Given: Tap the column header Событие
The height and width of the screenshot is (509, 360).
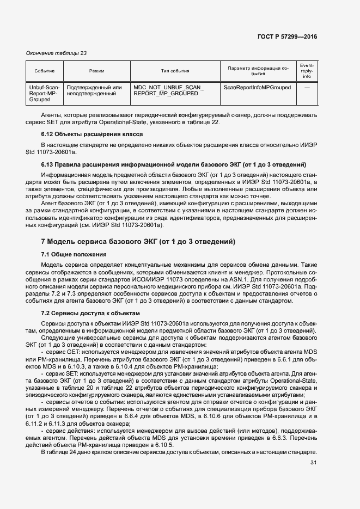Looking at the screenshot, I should [44, 71].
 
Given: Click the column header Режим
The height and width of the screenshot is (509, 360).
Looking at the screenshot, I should [96, 71].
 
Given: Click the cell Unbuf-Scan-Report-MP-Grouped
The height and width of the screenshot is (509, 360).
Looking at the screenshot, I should [44, 94].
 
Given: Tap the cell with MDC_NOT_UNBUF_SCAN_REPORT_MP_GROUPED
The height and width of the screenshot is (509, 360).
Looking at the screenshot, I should [168, 90].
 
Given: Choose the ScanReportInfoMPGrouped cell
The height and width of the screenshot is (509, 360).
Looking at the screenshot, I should [257, 87].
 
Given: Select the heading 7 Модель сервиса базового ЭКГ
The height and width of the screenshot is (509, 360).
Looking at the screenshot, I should [138, 241].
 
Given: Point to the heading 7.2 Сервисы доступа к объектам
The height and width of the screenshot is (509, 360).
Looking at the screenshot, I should [83, 313].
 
